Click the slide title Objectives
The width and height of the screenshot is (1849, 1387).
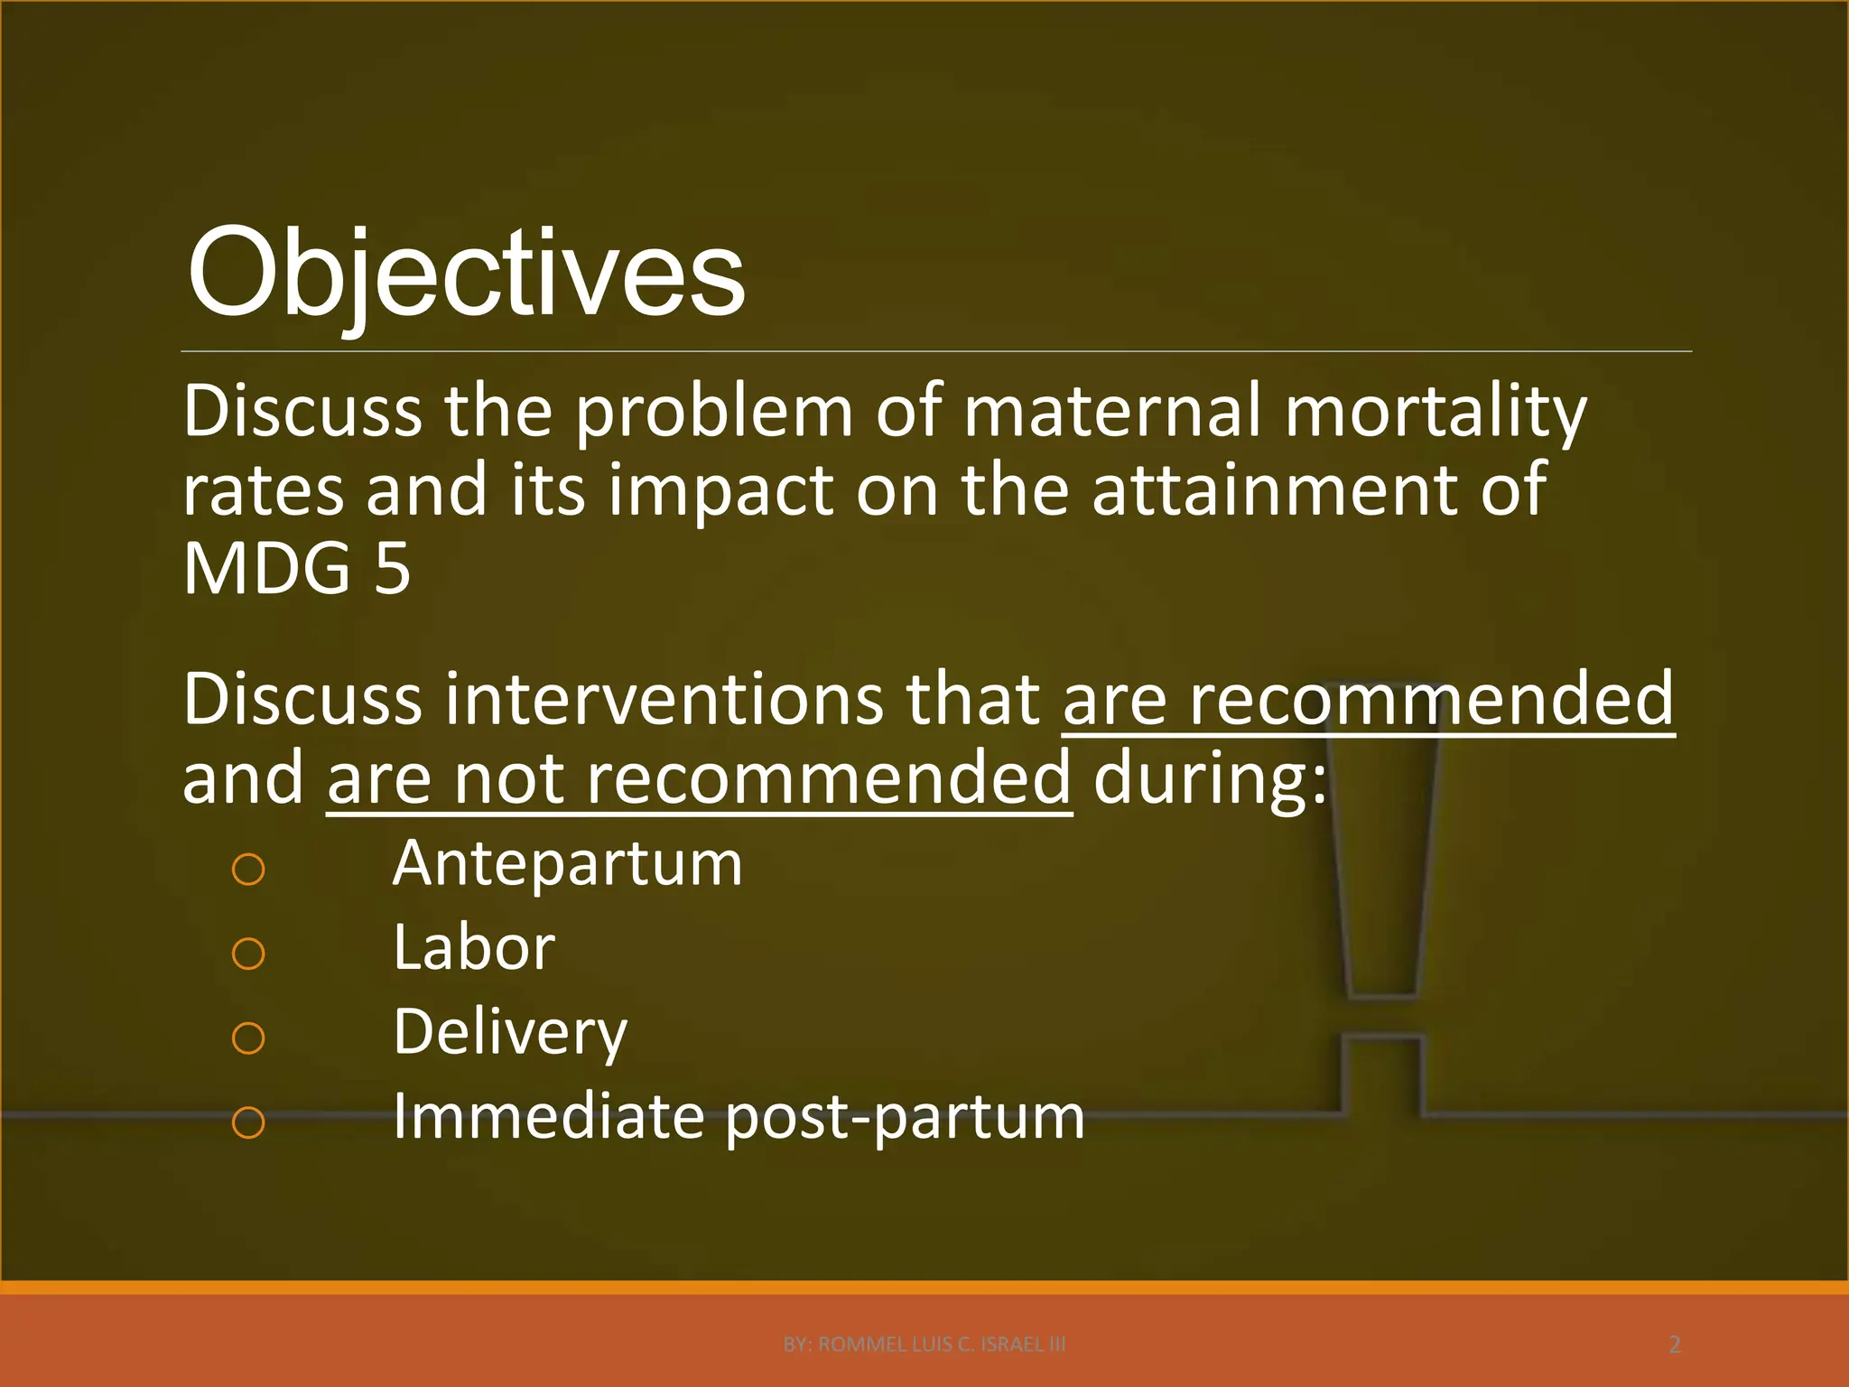pos(465,274)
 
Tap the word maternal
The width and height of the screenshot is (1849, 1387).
pos(1110,412)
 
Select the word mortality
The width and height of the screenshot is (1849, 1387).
pos(1435,412)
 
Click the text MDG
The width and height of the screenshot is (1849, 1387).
pos(266,569)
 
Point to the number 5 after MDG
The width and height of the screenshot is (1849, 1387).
pos(392,569)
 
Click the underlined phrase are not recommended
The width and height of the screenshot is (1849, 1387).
pos(699,779)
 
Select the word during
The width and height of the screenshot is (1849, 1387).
pos(1210,779)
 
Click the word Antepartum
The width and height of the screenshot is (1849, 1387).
pos(567,864)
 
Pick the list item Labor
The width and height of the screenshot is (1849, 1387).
pos(474,948)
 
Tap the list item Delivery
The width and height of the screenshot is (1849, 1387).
pos(510,1032)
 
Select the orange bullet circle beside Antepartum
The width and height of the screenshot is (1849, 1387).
pos(248,870)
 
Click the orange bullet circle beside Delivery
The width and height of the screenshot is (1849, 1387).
pos(248,1038)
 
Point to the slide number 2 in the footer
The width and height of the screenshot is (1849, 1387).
pos(1674,1345)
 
